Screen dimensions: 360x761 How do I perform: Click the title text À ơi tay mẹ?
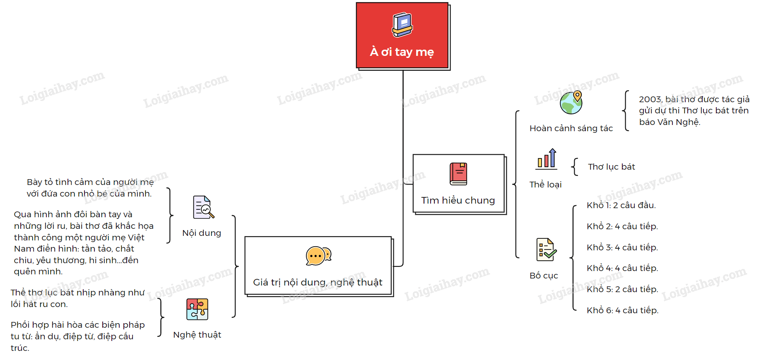click(x=402, y=52)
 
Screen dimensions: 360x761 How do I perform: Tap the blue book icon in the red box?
click(x=402, y=25)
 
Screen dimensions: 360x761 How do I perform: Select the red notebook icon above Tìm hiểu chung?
click(x=458, y=174)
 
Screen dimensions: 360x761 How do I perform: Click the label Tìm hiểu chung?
click(x=458, y=200)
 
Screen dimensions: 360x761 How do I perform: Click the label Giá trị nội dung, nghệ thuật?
click(x=318, y=282)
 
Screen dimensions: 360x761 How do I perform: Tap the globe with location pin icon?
click(x=571, y=103)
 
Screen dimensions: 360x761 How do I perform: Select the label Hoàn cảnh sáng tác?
click(x=571, y=128)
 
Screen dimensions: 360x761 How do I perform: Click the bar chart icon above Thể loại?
click(x=547, y=159)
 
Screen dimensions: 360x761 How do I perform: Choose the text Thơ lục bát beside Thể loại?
click(x=611, y=167)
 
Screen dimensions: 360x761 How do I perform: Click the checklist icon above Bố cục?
click(x=546, y=250)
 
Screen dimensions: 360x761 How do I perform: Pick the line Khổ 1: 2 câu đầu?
click(x=621, y=205)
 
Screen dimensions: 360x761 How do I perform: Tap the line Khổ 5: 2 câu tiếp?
click(x=622, y=289)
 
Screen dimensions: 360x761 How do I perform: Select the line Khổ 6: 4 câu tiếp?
click(x=622, y=310)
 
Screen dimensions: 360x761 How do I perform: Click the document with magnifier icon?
click(x=203, y=207)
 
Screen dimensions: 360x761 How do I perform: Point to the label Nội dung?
click(x=202, y=233)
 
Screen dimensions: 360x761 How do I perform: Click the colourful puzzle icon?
click(x=197, y=309)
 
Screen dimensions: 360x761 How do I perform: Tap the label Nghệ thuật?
click(x=197, y=335)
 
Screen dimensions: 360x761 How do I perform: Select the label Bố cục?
click(x=544, y=276)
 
